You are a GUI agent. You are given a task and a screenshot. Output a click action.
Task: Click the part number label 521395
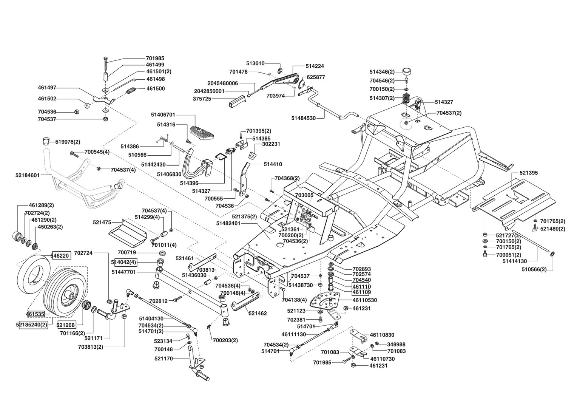tap(529, 173)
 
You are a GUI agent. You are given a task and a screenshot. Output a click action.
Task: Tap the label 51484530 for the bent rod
tap(303, 118)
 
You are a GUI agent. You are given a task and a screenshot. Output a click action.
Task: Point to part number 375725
tap(202, 99)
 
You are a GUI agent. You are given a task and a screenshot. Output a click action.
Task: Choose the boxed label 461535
tap(35, 314)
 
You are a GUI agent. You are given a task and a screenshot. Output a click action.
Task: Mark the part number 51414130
tap(514, 261)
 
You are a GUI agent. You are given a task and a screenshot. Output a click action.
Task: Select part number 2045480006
tap(222, 83)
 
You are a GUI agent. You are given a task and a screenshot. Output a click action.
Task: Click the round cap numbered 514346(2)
tap(407, 71)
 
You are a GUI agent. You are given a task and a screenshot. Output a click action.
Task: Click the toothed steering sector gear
tap(323, 301)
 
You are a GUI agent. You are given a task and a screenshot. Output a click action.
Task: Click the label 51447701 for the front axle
tap(124, 272)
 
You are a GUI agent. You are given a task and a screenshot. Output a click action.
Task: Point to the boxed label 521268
tap(66, 325)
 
